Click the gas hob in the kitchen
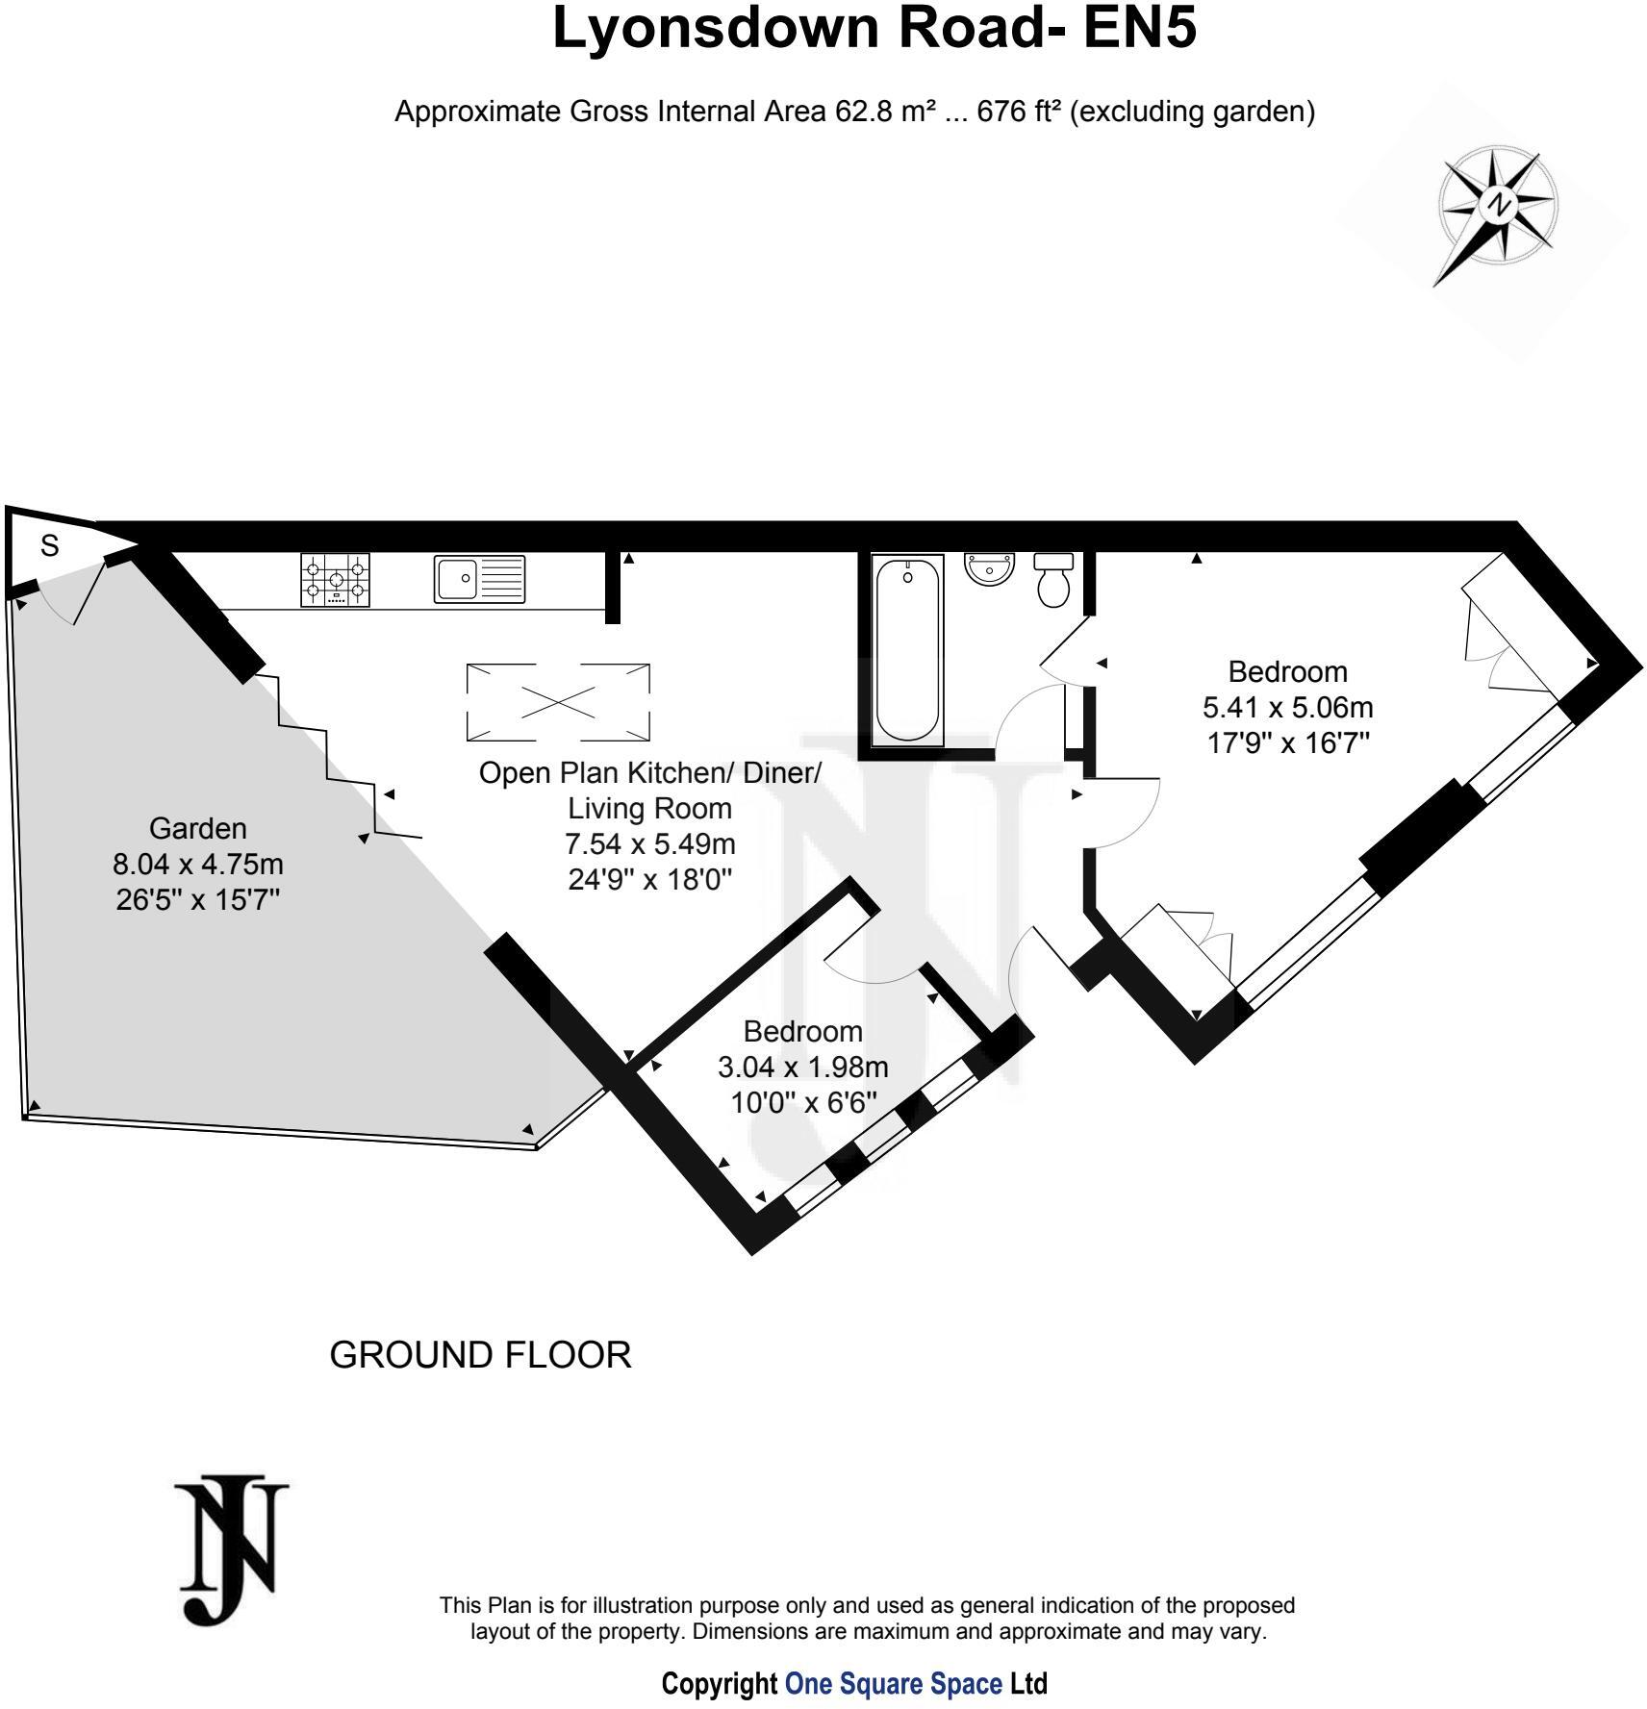tap(336, 580)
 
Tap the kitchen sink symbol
tap(479, 579)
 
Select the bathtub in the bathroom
tap(908, 650)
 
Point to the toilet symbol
tap(1053, 580)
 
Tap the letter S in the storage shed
tap(49, 546)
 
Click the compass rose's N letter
tap(1497, 204)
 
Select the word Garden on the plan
tap(197, 828)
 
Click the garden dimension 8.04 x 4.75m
tap(197, 864)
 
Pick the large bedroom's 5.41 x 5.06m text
tap(1287, 708)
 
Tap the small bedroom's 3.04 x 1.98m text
tap(802, 1068)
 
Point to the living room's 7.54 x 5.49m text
tap(649, 843)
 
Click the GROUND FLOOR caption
tap(480, 1355)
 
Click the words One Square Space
tap(893, 1684)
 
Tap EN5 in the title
tap(1140, 29)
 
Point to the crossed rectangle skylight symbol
tap(558, 703)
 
